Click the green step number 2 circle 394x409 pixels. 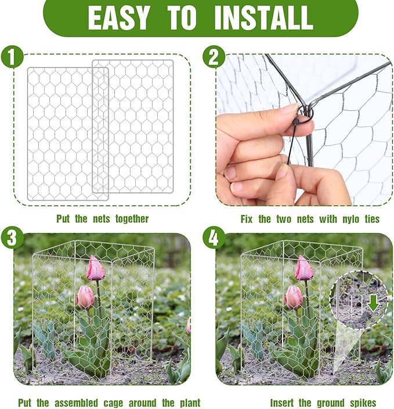(214, 58)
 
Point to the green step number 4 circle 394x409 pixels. (214, 238)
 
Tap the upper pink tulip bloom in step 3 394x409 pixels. (96, 270)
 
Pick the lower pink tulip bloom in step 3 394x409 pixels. (85, 297)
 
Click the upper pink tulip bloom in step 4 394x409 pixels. (303, 269)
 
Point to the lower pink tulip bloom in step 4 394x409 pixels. (294, 297)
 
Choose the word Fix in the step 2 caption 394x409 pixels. (248, 219)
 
